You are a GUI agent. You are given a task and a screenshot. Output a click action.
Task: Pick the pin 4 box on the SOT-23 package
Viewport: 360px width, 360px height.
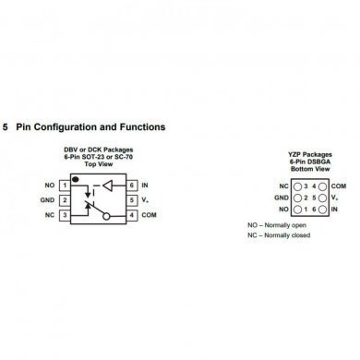131,215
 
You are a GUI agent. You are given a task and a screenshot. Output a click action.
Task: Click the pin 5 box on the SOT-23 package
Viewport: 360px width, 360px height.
131,200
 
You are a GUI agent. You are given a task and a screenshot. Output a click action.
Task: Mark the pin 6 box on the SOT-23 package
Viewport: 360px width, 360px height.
131,186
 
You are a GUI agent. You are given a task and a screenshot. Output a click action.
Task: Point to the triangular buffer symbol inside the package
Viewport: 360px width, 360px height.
111,186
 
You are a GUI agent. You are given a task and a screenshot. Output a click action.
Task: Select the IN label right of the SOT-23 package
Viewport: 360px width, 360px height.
146,186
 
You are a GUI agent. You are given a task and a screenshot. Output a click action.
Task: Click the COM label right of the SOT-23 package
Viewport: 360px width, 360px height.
150,215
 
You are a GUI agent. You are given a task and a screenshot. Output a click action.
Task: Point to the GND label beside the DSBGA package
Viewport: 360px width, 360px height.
281,198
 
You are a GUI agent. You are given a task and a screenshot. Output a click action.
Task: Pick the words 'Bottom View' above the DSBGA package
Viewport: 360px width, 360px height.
308,168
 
